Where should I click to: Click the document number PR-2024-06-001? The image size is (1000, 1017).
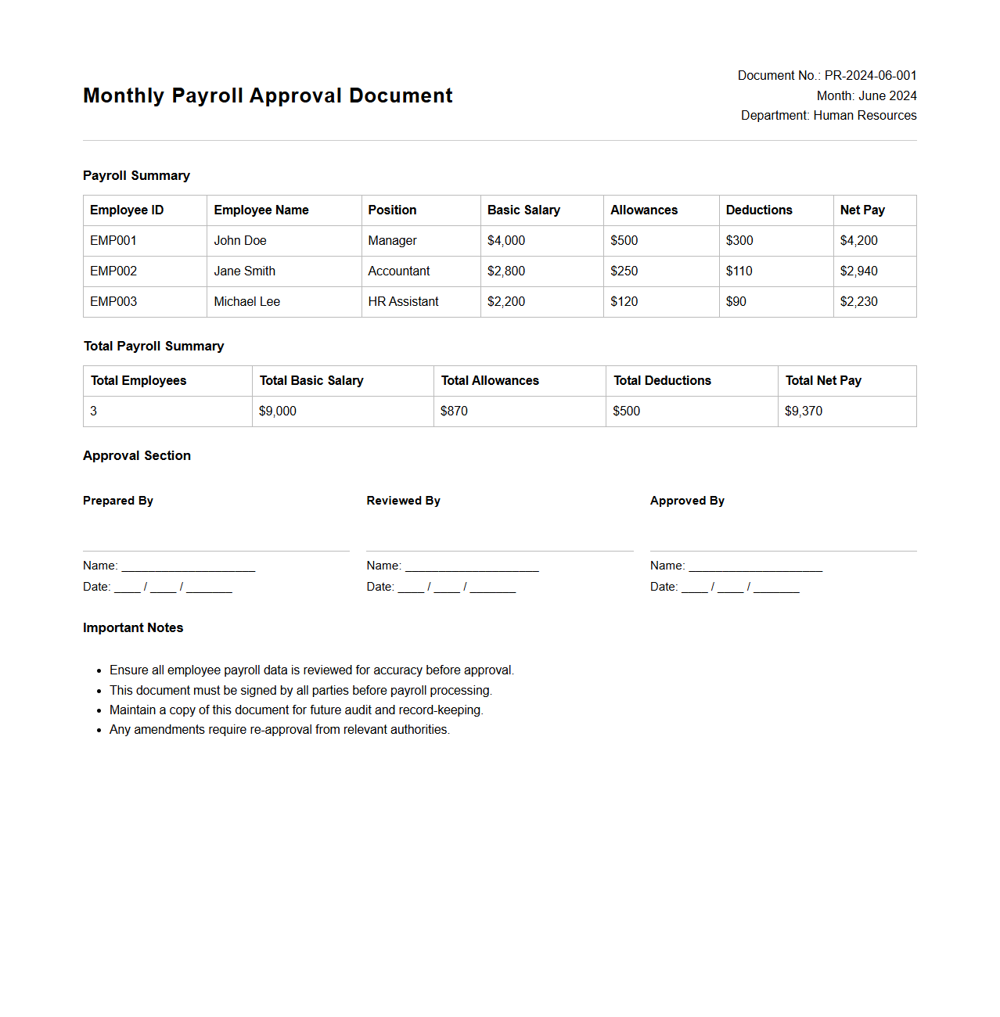pyautogui.click(x=870, y=76)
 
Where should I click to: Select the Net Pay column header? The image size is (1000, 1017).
pyautogui.click(x=862, y=210)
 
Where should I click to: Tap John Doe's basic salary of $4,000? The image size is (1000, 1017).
pyautogui.click(x=506, y=241)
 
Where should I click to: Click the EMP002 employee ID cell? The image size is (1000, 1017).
pyautogui.click(x=113, y=271)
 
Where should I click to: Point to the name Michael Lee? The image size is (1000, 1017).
pyautogui.click(x=246, y=302)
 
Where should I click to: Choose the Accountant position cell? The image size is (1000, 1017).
pyautogui.click(x=399, y=271)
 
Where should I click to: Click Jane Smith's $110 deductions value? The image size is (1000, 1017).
pyautogui.click(x=739, y=271)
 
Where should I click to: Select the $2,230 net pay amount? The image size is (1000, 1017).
pyautogui.click(x=858, y=302)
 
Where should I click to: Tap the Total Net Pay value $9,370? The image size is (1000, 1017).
pyautogui.click(x=804, y=411)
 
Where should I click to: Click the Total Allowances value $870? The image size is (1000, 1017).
pyautogui.click(x=454, y=411)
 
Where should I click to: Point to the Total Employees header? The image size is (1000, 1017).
pyautogui.click(x=138, y=381)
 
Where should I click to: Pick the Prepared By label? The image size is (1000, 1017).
pyautogui.click(x=118, y=501)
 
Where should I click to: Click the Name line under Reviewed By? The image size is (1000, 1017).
pyautogui.click(x=471, y=566)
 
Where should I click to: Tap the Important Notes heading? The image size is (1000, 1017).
pyautogui.click(x=133, y=628)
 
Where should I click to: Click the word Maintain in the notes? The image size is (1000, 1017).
pyautogui.click(x=133, y=710)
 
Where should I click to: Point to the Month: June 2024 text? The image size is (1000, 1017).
pyautogui.click(x=866, y=96)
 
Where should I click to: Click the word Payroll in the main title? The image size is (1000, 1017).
pyautogui.click(x=207, y=96)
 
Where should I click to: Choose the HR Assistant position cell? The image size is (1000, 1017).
pyautogui.click(x=403, y=302)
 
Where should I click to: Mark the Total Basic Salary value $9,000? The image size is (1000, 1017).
pyautogui.click(x=278, y=411)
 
